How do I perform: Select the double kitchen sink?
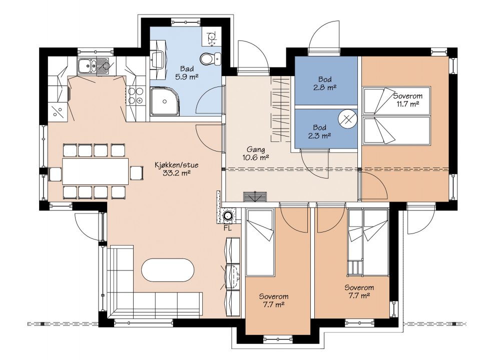(x=94, y=66)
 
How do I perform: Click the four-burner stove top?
(x=136, y=96)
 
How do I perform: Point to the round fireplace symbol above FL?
(x=227, y=216)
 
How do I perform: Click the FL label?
(x=227, y=228)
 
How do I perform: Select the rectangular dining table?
(x=96, y=171)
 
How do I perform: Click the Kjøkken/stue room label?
(x=176, y=165)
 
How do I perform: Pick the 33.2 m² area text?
(x=176, y=173)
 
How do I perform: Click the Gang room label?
(x=255, y=149)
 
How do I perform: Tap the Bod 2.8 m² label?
(x=324, y=83)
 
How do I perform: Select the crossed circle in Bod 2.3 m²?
(x=347, y=119)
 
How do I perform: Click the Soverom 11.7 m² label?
(x=407, y=100)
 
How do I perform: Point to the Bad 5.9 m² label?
(x=187, y=72)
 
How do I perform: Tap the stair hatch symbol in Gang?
(x=255, y=196)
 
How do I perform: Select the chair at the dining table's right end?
(x=137, y=172)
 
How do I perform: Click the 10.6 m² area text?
(x=255, y=157)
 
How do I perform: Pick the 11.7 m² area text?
(x=408, y=104)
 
